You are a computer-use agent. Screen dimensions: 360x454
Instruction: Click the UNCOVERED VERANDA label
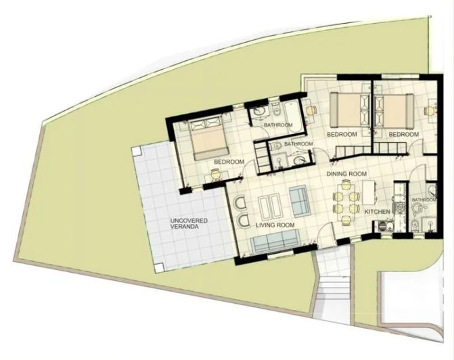[x=189, y=225]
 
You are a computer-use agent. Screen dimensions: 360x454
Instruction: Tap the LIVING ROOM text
[x=277, y=225]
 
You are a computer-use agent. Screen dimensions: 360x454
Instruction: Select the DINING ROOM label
[x=346, y=174]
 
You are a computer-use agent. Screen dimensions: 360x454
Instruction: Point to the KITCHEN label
[x=378, y=212]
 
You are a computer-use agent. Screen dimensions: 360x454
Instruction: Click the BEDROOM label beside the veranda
[x=229, y=162]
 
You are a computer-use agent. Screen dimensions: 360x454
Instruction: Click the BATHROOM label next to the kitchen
[x=424, y=200]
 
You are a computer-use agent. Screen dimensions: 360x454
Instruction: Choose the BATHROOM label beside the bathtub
[x=278, y=125]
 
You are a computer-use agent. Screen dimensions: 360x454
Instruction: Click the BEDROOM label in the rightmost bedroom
[x=404, y=135]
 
